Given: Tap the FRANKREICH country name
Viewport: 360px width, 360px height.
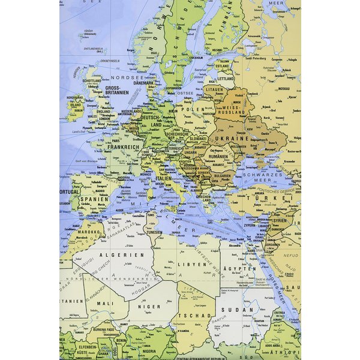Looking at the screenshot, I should (x=122, y=146).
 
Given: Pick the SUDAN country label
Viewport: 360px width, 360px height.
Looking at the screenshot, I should (x=230, y=310).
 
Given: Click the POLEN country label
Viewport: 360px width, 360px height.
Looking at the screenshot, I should (x=202, y=110).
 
